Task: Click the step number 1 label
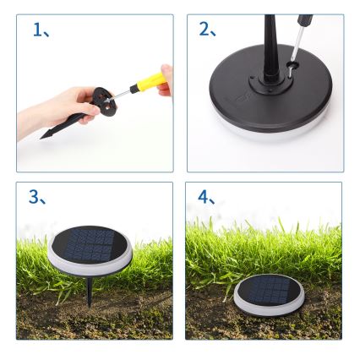point(37,31)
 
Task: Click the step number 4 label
point(206,198)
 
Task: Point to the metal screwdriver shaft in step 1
point(121,94)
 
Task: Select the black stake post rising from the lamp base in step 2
point(270,51)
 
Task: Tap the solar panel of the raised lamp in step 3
point(90,246)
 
